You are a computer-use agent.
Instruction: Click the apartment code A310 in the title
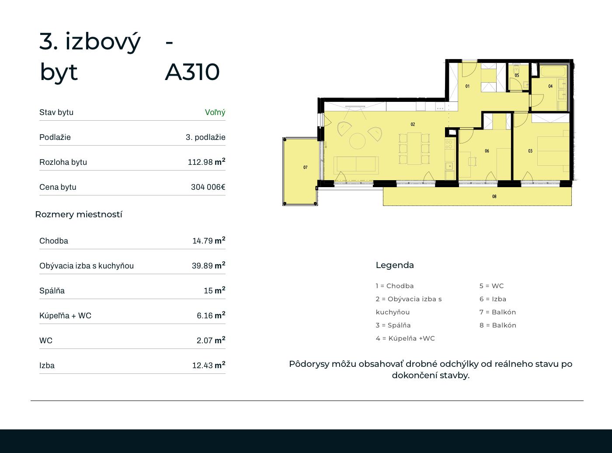192,72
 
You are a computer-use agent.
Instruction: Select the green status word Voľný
215,112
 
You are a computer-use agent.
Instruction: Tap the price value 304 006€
208,187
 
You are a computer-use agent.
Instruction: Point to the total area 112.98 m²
206,162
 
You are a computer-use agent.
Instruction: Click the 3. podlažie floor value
205,137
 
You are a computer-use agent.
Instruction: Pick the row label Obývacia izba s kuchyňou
87,266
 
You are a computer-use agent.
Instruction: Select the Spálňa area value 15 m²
214,290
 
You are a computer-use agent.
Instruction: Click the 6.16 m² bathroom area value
211,315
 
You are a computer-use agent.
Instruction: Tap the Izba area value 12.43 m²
209,365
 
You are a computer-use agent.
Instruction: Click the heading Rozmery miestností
79,215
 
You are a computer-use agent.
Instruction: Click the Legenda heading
395,265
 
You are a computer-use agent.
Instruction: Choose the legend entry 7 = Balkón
497,312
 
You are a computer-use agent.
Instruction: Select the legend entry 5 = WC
491,286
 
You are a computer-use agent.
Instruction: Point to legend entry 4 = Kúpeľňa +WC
405,338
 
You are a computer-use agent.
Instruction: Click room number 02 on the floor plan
413,125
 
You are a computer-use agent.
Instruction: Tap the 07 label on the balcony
305,167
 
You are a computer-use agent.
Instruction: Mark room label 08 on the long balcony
494,197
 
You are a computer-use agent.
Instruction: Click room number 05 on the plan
517,75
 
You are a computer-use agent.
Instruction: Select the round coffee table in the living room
357,141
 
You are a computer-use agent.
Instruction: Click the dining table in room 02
414,149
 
